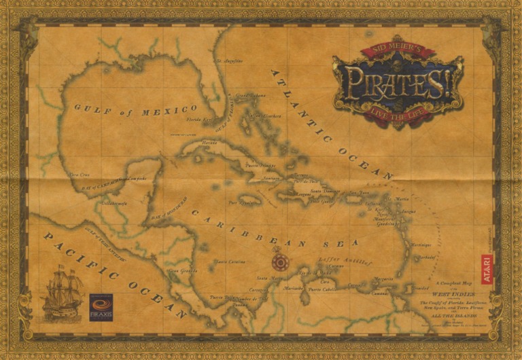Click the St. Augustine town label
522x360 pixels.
click(229, 61)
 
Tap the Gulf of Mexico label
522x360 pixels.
click(136, 109)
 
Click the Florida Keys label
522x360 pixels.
click(200, 120)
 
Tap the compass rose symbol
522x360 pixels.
click(277, 261)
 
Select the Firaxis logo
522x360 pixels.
click(101, 307)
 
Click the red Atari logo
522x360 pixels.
click(487, 268)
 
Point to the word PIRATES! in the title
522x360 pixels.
click(398, 79)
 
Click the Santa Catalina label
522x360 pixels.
click(230, 262)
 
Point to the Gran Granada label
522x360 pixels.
click(182, 271)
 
